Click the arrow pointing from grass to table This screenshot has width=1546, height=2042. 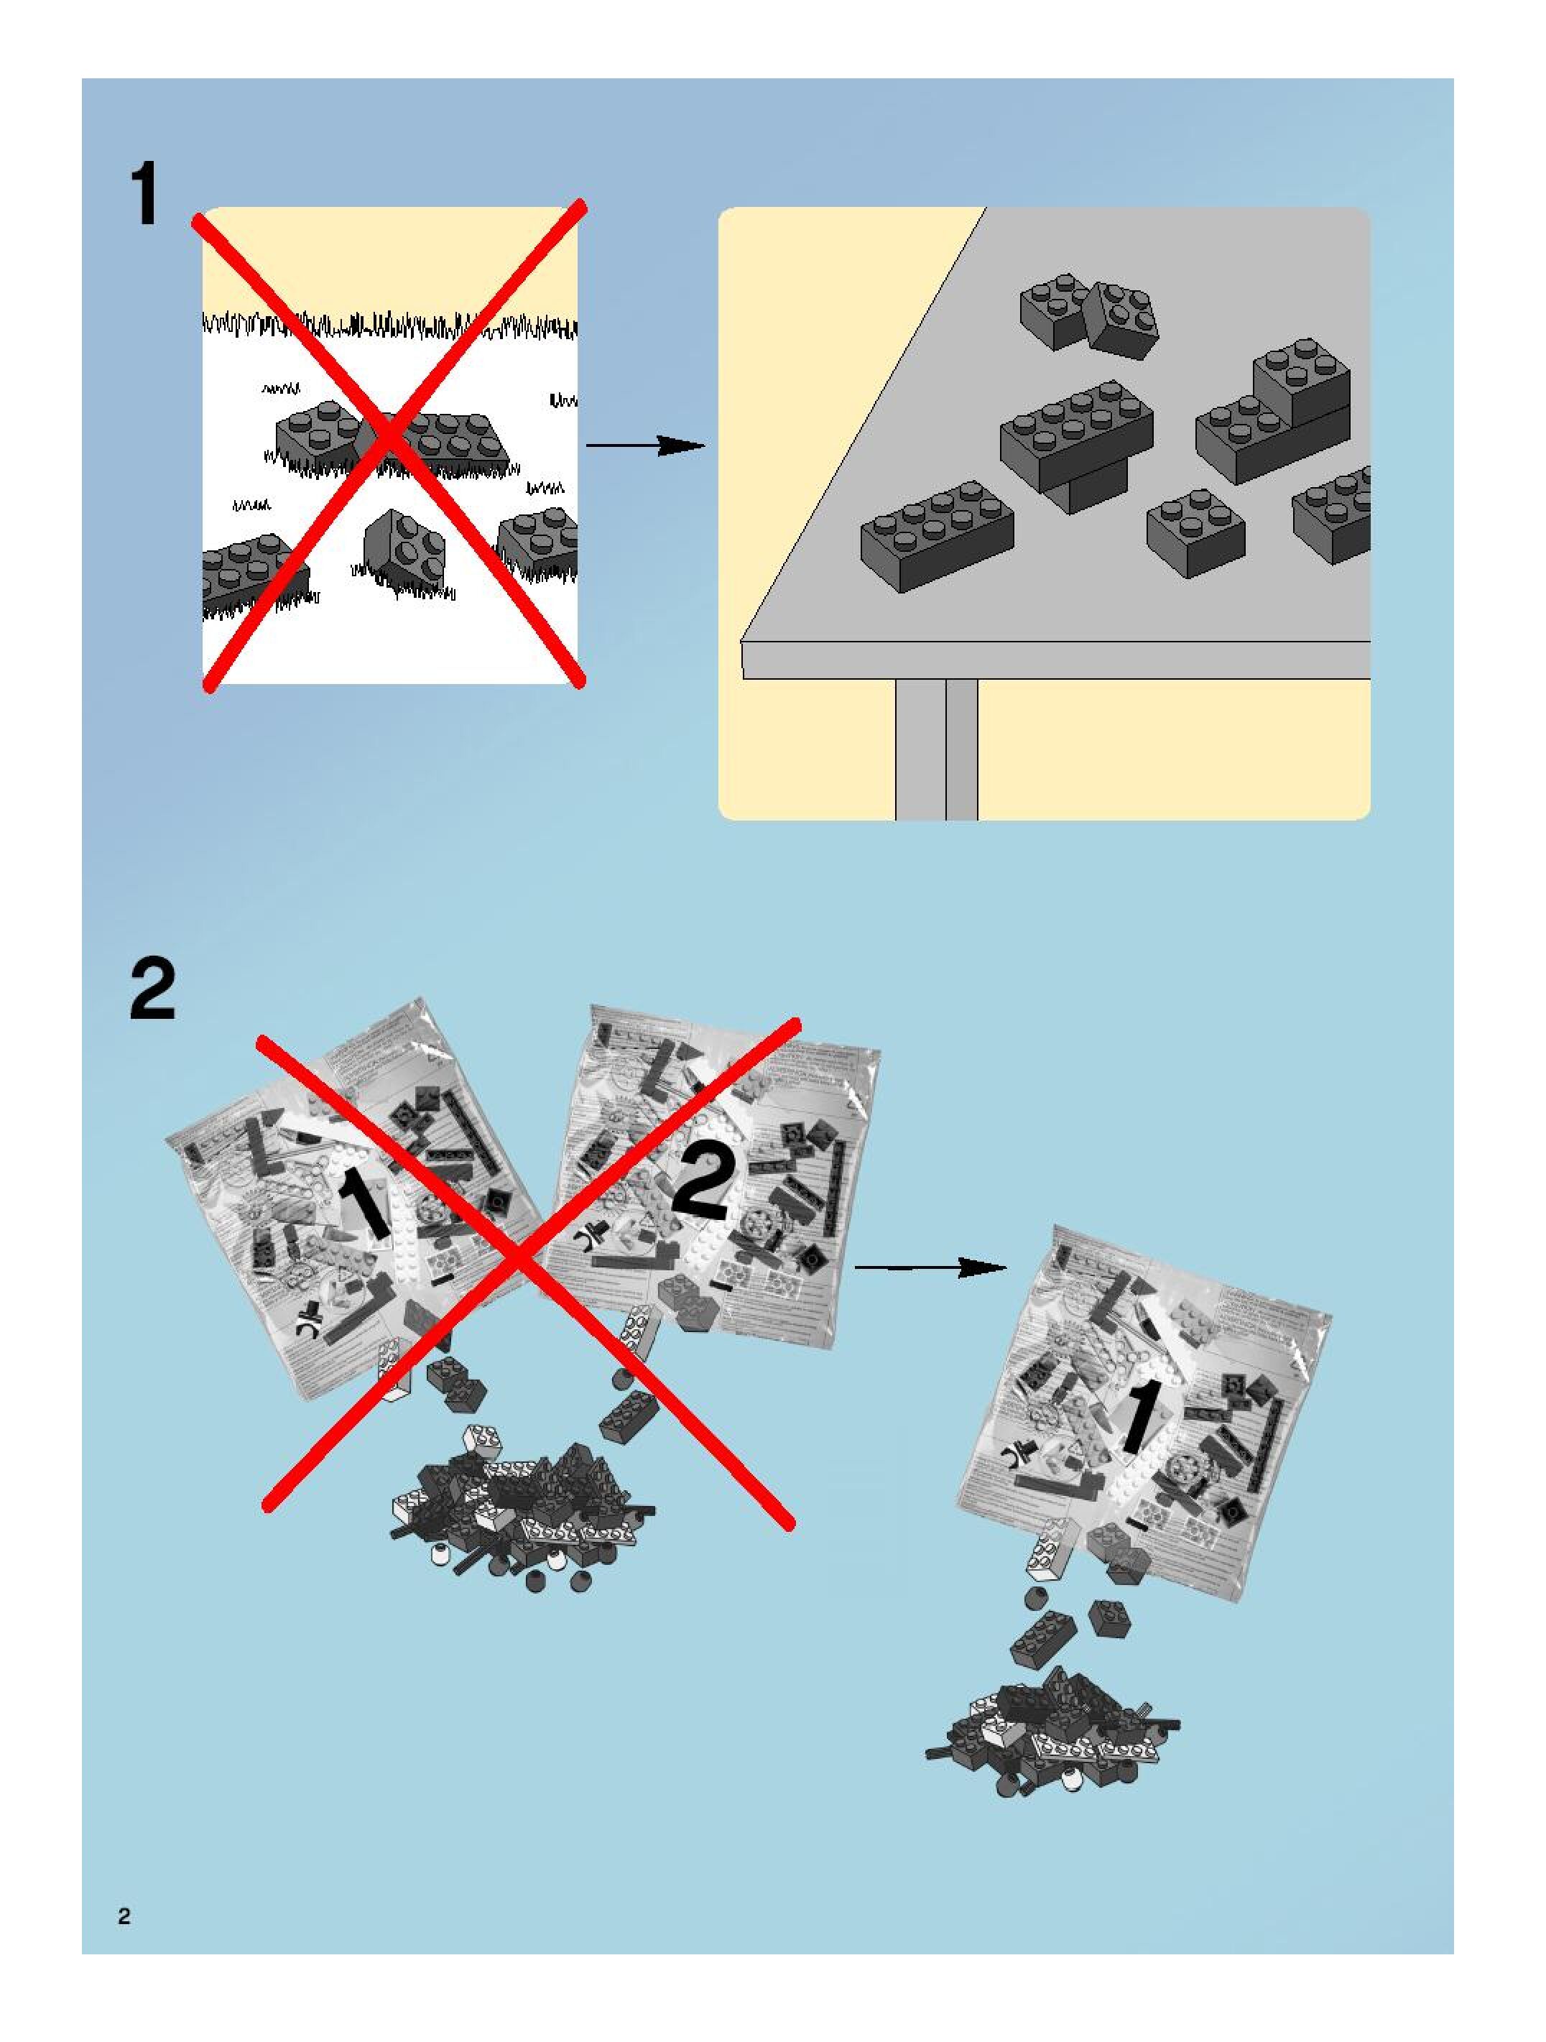[x=646, y=446]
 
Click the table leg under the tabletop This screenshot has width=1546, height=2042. [x=936, y=749]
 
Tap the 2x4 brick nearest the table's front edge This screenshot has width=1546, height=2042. [x=937, y=535]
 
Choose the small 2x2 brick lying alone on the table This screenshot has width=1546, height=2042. [x=1195, y=532]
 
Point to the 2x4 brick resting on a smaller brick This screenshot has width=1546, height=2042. [x=1076, y=433]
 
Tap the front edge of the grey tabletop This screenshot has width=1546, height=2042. [x=1052, y=660]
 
